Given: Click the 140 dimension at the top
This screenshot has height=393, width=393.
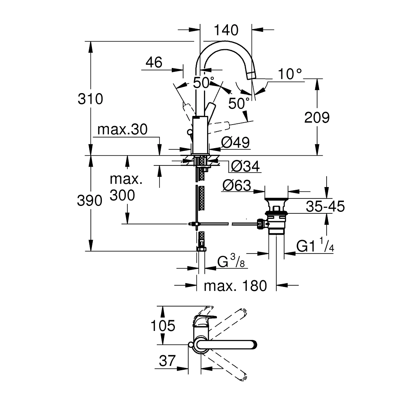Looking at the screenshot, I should point(227,30).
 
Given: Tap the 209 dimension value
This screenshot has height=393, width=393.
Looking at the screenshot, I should point(317,117).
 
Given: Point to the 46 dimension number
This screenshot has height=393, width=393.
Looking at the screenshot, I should point(154,62).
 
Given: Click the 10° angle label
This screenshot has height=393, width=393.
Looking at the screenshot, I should point(290,74).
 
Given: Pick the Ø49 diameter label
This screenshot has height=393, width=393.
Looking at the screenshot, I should point(235,143).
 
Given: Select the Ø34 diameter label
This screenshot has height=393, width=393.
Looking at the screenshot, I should point(246,167).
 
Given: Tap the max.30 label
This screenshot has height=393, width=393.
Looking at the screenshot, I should point(122,130).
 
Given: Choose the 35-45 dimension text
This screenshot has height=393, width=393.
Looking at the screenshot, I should point(325,206).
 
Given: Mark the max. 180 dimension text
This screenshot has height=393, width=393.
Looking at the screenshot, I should point(235,286).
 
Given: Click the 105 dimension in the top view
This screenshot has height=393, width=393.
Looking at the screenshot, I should point(163,325).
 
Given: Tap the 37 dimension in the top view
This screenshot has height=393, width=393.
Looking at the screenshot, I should point(167,360).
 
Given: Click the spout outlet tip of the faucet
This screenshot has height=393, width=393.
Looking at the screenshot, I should point(251,76).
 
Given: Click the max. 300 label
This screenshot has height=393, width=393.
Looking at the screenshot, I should point(126,187).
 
